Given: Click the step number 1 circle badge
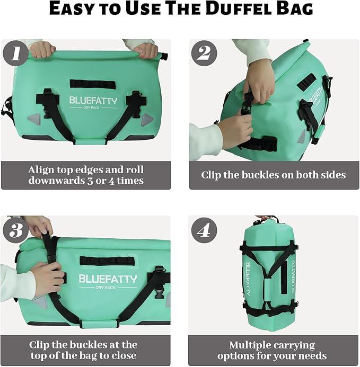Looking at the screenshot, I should pyautogui.click(x=16, y=54).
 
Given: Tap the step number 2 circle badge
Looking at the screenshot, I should pyautogui.click(x=204, y=54).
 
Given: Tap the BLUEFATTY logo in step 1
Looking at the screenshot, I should pyautogui.click(x=93, y=100).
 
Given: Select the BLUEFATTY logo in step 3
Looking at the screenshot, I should pyautogui.click(x=108, y=279).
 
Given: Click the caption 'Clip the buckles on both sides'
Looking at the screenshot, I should pyautogui.click(x=274, y=175).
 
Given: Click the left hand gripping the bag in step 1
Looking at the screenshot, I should pyautogui.click(x=43, y=50).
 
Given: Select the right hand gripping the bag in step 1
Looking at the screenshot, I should pyautogui.click(x=145, y=50).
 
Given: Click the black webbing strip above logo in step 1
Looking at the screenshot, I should pyautogui.click(x=92, y=83).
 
